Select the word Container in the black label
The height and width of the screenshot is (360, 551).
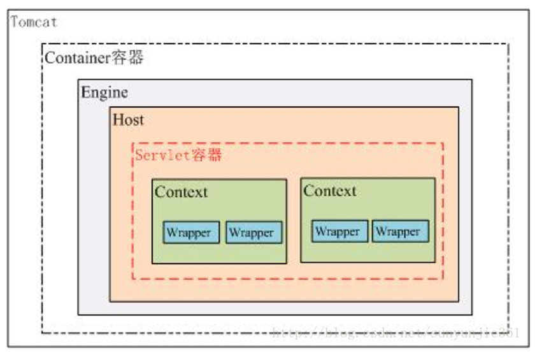76,58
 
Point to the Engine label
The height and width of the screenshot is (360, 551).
104,92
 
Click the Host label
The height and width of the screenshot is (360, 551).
128,119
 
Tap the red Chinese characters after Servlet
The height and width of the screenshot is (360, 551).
206,155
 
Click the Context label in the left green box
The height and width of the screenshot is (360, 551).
181,192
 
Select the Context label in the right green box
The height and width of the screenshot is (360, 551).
329,191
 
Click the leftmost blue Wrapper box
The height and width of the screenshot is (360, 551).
191,233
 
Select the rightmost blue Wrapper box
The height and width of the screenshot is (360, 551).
400,231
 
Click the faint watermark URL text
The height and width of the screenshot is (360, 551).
395,332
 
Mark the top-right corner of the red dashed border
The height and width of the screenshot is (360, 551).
443,143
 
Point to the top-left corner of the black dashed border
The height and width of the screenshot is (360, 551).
42,44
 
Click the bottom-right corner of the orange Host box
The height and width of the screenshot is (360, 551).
458,301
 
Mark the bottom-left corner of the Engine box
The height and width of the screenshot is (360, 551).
78,314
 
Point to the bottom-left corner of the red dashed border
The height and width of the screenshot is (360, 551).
132,279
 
